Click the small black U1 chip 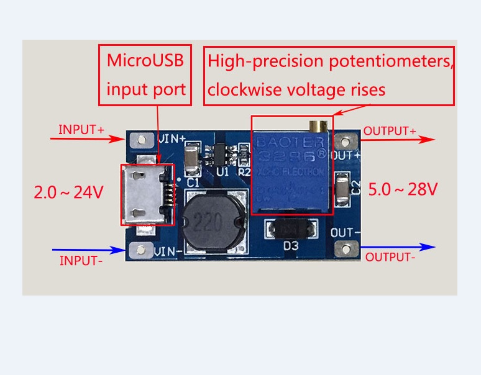220,152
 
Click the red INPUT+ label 81,130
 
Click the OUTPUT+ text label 390,131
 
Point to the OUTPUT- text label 390,257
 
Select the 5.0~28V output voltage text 403,188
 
